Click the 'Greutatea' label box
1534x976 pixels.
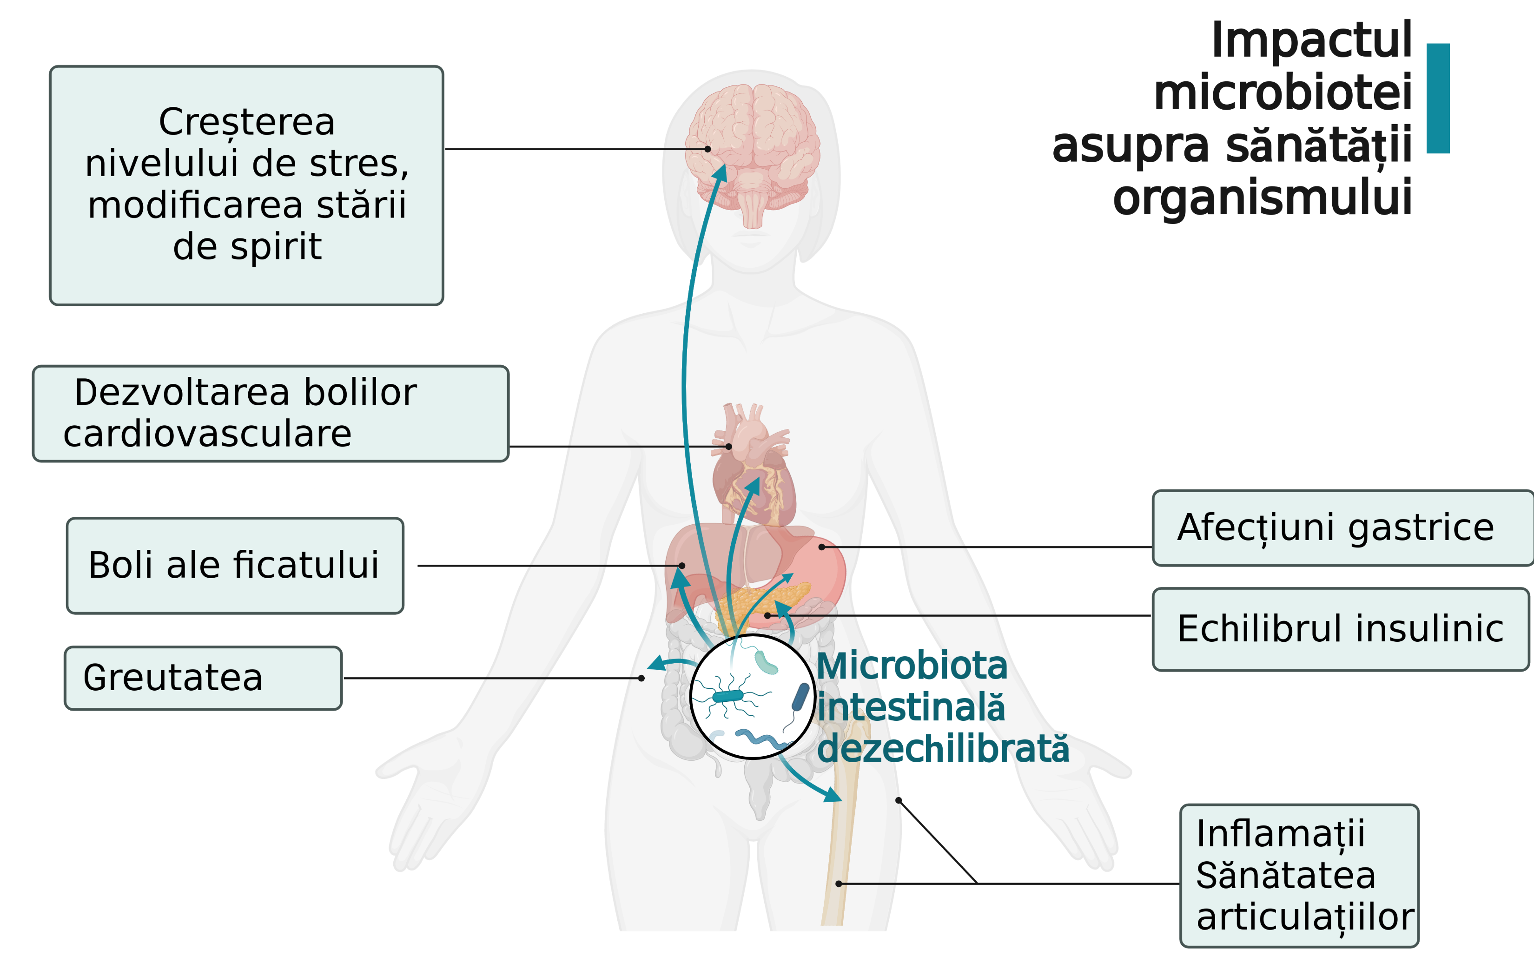tap(203, 678)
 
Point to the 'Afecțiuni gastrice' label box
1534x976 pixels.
tap(1342, 528)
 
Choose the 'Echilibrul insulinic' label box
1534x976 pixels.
tap(1340, 629)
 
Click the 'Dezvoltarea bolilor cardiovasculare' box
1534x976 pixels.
tap(270, 414)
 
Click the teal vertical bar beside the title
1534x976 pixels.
tap(1438, 98)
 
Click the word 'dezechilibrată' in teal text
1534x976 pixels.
tap(943, 749)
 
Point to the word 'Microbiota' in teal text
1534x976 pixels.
tap(912, 666)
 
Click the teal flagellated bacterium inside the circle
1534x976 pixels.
tap(728, 696)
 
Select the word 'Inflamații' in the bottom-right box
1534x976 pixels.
tap(1281, 833)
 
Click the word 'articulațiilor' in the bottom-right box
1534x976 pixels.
tap(1305, 917)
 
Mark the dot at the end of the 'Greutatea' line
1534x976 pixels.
tap(641, 679)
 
